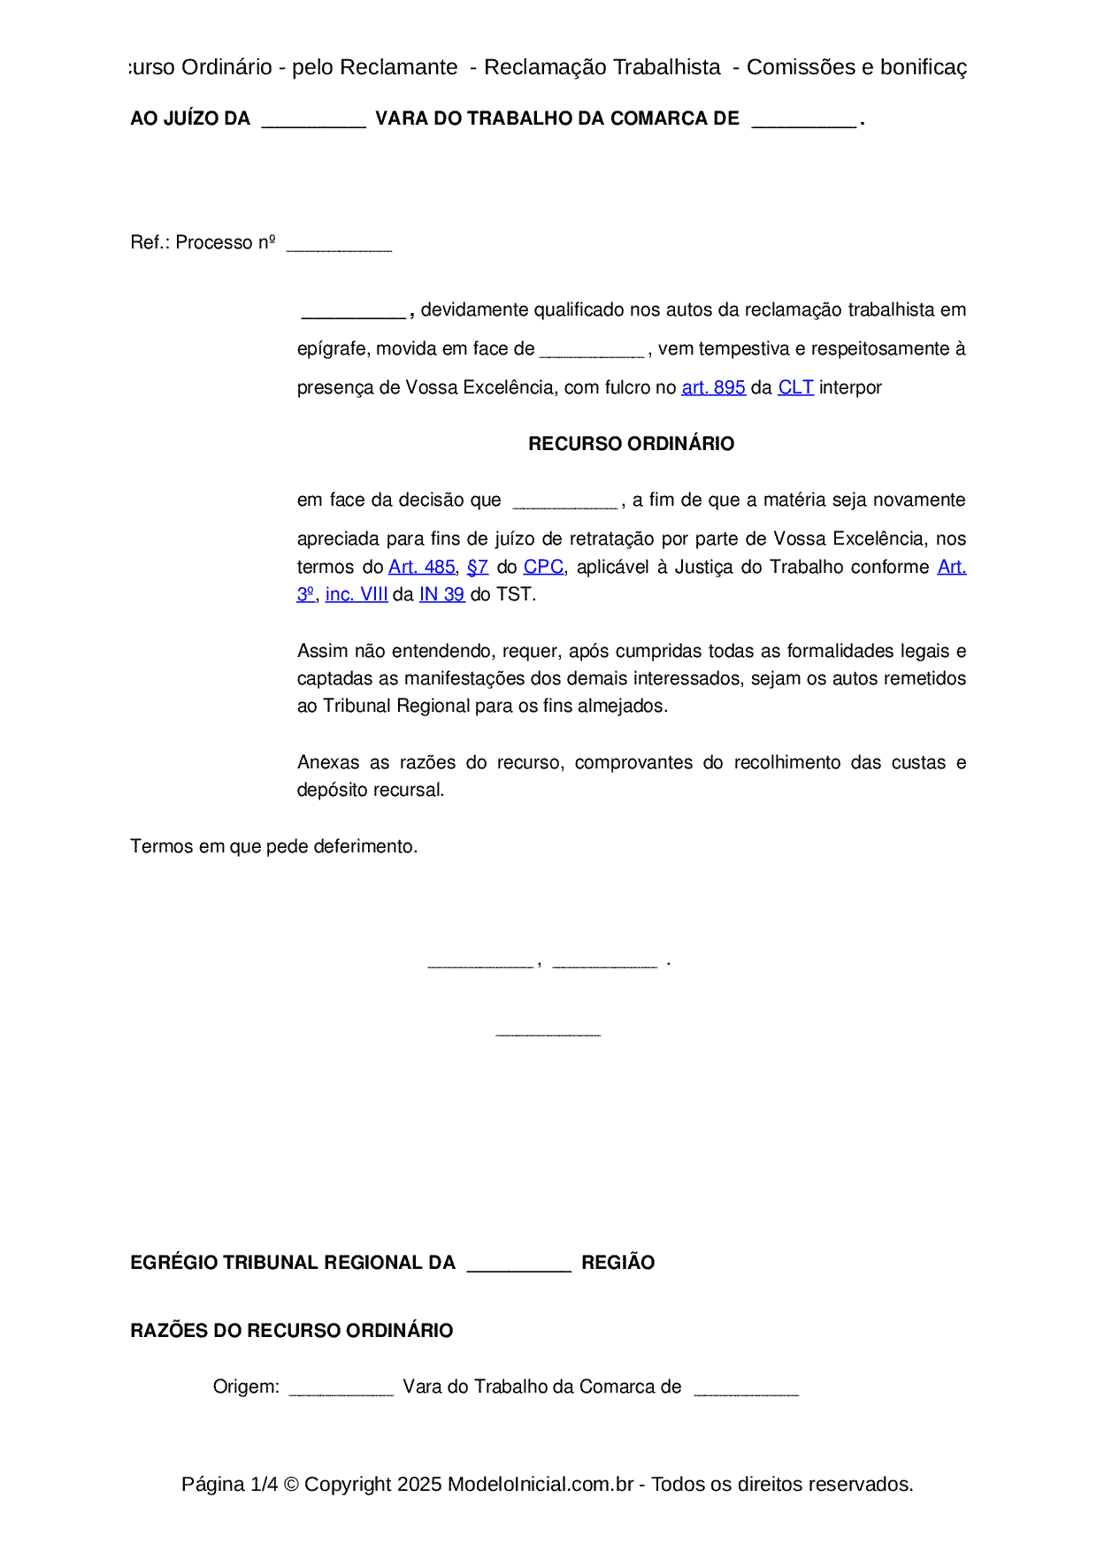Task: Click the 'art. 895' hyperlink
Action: click(713, 387)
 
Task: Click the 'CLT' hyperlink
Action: click(795, 387)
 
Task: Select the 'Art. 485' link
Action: click(422, 567)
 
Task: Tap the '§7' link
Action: click(478, 567)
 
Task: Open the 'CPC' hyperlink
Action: click(543, 567)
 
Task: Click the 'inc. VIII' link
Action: click(357, 594)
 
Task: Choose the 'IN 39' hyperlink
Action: click(441, 594)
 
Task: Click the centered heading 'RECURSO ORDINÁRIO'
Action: click(631, 444)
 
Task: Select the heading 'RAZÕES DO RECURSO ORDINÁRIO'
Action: click(291, 1331)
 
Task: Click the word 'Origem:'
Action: click(246, 1387)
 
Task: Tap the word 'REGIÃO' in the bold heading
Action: click(618, 1263)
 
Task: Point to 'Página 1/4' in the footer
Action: click(229, 1484)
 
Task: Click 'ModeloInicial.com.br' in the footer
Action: click(540, 1484)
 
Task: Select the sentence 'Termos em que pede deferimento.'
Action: click(273, 846)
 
